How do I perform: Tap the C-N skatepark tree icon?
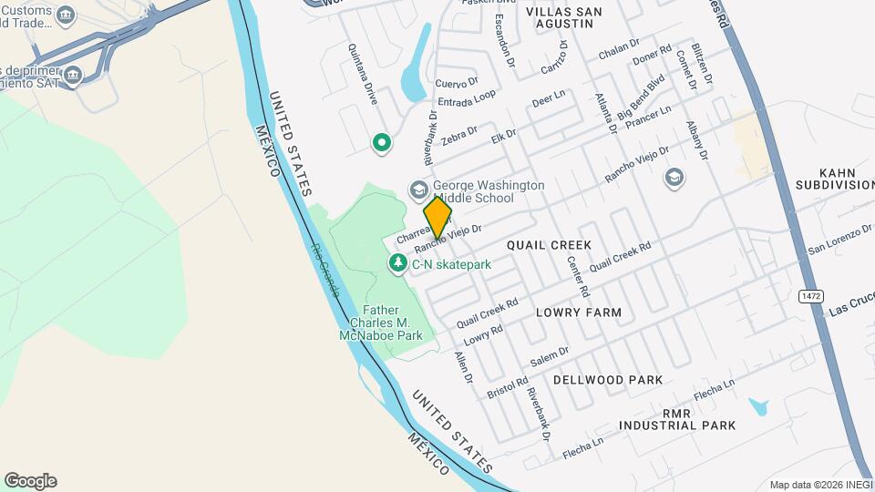tap(398, 264)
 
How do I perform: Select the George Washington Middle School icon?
tap(418, 190)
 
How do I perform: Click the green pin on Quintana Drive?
tap(381, 143)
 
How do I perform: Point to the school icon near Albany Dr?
tap(674, 177)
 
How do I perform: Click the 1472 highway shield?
tap(808, 296)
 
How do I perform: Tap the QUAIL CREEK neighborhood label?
tap(549, 245)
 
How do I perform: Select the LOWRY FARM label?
tap(579, 313)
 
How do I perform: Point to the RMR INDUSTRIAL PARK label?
tap(676, 419)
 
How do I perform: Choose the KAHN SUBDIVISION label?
tap(833, 178)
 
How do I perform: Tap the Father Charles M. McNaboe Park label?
tap(394, 323)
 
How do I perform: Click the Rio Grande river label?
tap(324, 270)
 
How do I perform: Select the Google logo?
tap(30, 481)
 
